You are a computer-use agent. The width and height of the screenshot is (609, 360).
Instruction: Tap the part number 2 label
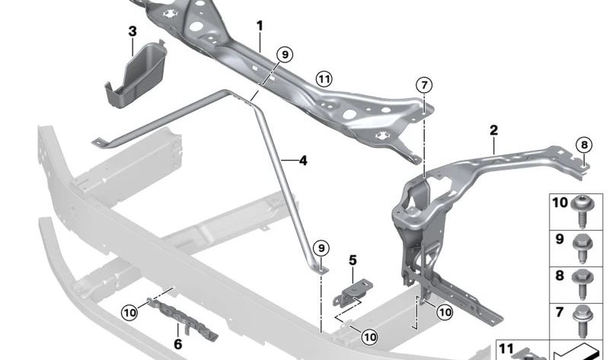pos(493,130)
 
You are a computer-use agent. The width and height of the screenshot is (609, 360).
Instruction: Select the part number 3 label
pos(132,31)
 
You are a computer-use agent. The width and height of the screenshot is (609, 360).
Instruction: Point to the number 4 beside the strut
pos(302,161)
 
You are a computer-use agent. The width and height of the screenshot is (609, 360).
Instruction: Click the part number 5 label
pos(352,260)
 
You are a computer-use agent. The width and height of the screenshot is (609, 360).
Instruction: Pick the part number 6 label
pos(178,343)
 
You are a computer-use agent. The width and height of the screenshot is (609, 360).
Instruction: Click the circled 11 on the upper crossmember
pos(324,78)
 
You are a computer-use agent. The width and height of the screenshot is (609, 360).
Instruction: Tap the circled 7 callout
pos(424,84)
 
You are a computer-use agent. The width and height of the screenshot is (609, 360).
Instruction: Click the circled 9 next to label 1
pos(283,55)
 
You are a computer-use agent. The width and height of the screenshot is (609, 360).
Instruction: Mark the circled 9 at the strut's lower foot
pos(321,248)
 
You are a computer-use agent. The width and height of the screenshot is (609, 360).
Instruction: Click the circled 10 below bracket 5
pos(368,336)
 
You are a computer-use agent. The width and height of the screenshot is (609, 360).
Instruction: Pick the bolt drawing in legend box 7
pos(585,320)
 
